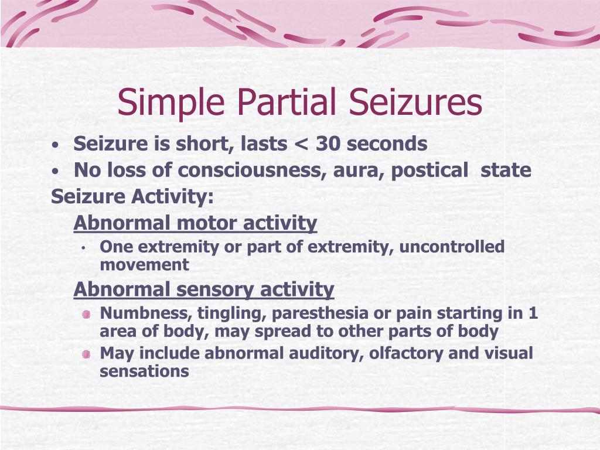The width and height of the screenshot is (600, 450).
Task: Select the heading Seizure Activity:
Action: pos(132,197)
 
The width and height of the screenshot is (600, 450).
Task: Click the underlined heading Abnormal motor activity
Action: pos(195,223)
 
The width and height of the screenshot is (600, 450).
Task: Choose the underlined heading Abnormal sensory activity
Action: pos(204,289)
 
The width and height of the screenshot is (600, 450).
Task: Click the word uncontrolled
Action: pos(452,247)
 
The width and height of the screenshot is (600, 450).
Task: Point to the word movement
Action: pos(145,264)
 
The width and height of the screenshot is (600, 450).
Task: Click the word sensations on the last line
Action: pos(144,371)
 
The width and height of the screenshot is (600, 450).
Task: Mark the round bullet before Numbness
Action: pos(86,314)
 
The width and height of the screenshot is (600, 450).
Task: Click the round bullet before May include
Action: pos(86,354)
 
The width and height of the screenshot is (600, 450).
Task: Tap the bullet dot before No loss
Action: pos(55,171)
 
